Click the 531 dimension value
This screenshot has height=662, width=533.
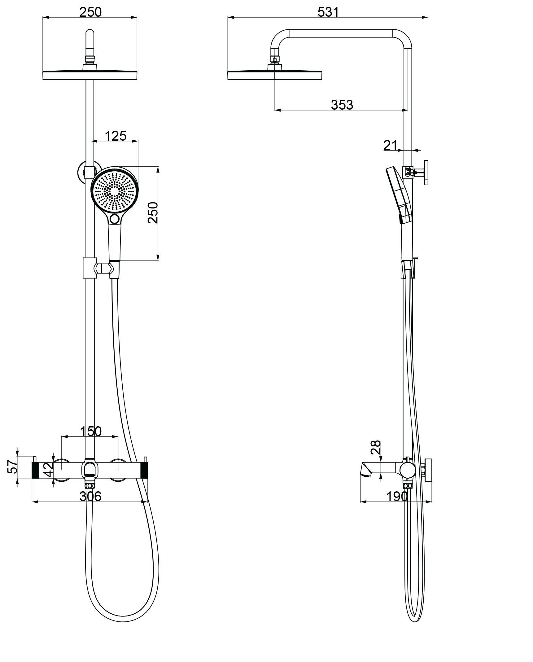pyautogui.click(x=328, y=12)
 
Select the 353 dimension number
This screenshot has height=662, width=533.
pyautogui.click(x=342, y=105)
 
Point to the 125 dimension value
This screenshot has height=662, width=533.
pyautogui.click(x=116, y=136)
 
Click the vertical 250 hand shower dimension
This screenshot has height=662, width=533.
pyautogui.click(x=153, y=213)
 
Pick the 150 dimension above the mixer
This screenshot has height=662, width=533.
pyautogui.click(x=90, y=431)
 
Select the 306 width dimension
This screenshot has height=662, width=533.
pyautogui.click(x=90, y=497)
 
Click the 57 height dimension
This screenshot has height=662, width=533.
pyautogui.click(x=12, y=467)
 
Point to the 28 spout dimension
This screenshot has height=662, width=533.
pyautogui.click(x=376, y=447)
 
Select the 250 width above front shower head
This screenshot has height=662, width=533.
pyautogui.click(x=90, y=12)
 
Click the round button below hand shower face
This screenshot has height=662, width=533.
pyautogui.click(x=115, y=219)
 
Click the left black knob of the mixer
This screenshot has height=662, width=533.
pyautogui.click(x=35, y=470)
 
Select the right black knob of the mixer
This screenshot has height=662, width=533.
pyautogui.click(x=144, y=470)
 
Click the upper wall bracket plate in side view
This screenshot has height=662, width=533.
pyautogui.click(x=426, y=173)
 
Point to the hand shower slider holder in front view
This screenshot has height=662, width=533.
pyautogui.click(x=89, y=268)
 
